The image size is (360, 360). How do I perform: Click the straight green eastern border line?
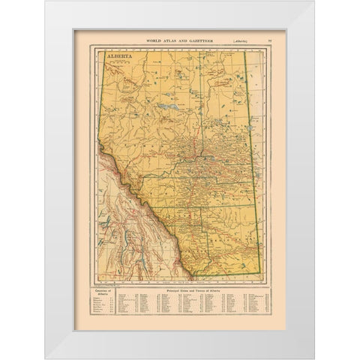point(252,165)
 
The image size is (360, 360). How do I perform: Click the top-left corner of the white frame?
point(45,2)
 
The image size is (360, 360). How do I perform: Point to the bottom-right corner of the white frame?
point(313,358)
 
